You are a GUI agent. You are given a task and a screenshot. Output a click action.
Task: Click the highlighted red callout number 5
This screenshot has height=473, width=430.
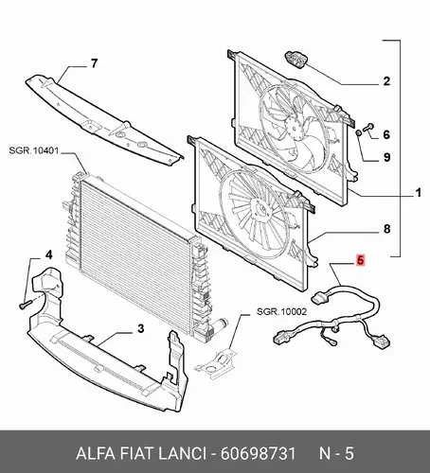[x=361, y=260]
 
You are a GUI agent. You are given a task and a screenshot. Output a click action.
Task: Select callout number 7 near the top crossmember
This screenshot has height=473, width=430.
[x=94, y=63]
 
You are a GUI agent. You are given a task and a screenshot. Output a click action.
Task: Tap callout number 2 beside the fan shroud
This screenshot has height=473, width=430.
[x=386, y=81]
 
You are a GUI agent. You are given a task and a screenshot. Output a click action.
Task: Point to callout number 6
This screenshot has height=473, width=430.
[x=386, y=134]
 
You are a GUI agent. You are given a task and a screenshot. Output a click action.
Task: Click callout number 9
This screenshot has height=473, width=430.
[x=386, y=157]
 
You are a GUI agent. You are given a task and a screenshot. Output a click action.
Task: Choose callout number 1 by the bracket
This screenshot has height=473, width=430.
[x=419, y=192]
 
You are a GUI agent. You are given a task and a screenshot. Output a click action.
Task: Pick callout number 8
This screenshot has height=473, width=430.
[x=386, y=229]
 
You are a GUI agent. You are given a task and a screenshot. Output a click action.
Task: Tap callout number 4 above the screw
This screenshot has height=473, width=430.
[x=49, y=254]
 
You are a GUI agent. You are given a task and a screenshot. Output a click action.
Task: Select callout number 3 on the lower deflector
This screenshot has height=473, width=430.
[x=140, y=328]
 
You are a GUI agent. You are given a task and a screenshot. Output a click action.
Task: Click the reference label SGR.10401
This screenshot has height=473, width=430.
[x=34, y=150]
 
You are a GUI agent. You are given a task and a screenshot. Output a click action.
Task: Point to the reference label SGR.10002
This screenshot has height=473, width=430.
[x=281, y=311]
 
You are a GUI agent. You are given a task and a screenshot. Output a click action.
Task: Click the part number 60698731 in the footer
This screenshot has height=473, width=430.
[x=259, y=454]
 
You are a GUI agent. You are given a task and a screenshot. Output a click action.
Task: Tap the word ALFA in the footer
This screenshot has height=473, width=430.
[x=96, y=454]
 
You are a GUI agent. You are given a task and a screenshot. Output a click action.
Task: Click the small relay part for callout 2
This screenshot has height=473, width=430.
[x=296, y=59]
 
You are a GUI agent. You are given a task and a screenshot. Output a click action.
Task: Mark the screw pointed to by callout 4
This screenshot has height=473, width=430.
[x=26, y=305]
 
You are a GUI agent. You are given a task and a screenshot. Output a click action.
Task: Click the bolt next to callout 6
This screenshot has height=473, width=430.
[x=368, y=128]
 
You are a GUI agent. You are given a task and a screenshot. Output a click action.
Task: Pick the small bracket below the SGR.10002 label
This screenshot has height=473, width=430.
[x=217, y=362]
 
